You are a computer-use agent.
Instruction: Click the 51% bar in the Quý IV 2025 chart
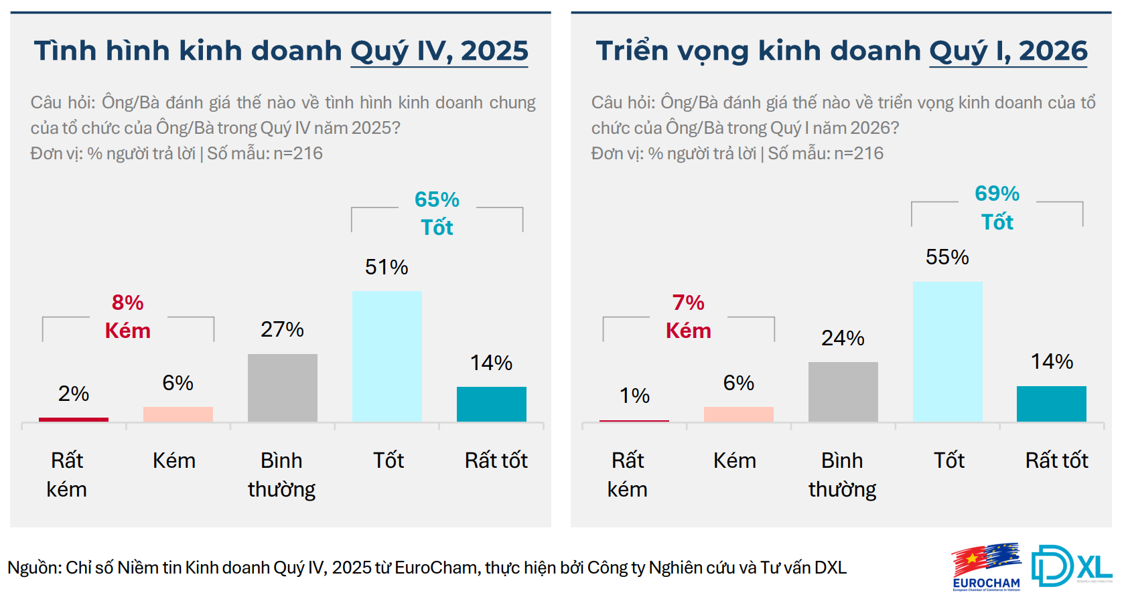pyautogui.click(x=386, y=356)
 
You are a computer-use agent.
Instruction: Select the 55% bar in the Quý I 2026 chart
pyautogui.click(x=947, y=351)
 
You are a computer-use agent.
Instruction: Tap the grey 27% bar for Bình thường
pyautogui.click(x=282, y=387)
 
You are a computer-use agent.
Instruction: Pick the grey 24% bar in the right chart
pyautogui.click(x=843, y=392)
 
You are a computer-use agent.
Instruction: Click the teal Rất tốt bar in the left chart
pyautogui.click(x=491, y=404)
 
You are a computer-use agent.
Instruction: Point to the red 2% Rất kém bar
pyautogui.click(x=74, y=420)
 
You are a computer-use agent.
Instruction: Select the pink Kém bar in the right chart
pyautogui.click(x=738, y=414)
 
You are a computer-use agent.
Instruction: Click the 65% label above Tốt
pyautogui.click(x=437, y=199)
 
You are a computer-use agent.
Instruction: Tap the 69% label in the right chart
pyautogui.click(x=997, y=193)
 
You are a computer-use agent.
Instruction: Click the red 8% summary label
pyautogui.click(x=127, y=303)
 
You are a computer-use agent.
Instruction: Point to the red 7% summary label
pyautogui.click(x=688, y=303)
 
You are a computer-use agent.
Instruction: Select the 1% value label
pyautogui.click(x=634, y=396)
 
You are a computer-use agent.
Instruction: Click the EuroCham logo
pyautogui.click(x=986, y=567)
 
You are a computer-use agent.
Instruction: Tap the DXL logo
pyautogui.click(x=1070, y=566)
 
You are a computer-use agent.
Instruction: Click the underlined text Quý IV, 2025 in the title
pyautogui.click(x=439, y=52)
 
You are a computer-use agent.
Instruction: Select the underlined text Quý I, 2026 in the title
pyautogui.click(x=1008, y=52)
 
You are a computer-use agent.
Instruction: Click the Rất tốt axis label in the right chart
pyautogui.click(x=1056, y=460)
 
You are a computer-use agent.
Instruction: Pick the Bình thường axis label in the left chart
pyautogui.click(x=281, y=475)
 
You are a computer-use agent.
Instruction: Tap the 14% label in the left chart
pyautogui.click(x=491, y=363)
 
